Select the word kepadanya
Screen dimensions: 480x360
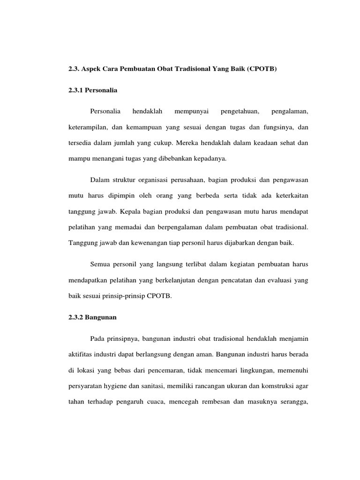(210, 158)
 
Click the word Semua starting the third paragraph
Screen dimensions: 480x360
(100, 265)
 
